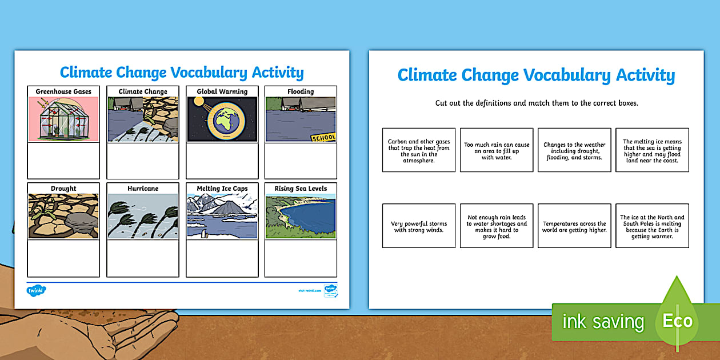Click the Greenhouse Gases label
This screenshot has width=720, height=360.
[x=63, y=91]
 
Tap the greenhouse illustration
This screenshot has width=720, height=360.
[x=63, y=119]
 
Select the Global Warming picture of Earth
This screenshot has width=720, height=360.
[x=222, y=119]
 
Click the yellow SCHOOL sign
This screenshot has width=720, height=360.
[x=323, y=138]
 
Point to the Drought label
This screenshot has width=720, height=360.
[x=63, y=189]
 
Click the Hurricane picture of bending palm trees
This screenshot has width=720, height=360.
[x=142, y=216]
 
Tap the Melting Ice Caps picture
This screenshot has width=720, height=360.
[x=222, y=216]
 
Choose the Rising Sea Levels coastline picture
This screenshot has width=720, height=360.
[x=301, y=216]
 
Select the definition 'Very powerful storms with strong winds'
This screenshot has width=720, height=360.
[x=419, y=227]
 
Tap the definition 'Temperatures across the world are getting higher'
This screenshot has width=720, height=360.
[x=574, y=227]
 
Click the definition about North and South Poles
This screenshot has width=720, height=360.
[x=652, y=227]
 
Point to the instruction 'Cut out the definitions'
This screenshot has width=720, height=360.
[x=536, y=103]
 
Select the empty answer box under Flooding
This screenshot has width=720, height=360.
[x=301, y=161]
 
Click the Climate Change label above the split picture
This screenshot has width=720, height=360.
[x=143, y=91]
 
